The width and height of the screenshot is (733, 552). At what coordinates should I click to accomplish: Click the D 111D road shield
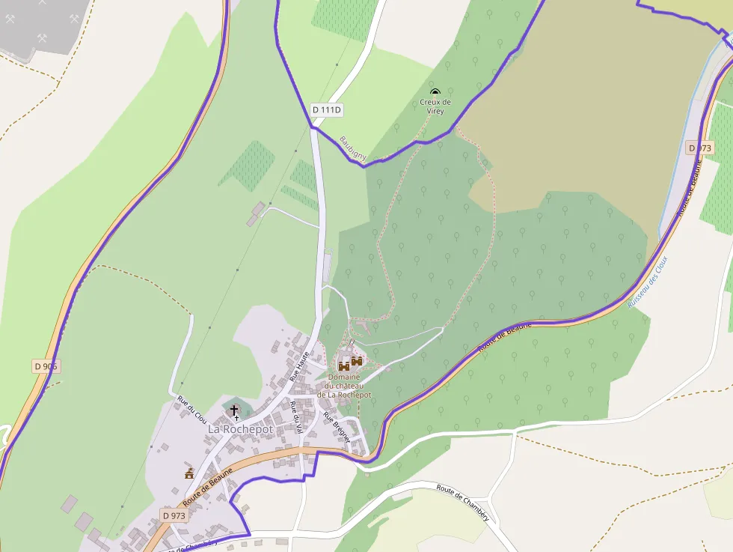tap(327, 110)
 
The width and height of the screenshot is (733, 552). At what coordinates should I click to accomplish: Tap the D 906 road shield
tap(46, 366)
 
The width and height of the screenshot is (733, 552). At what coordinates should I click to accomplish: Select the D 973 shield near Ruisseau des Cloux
tap(699, 148)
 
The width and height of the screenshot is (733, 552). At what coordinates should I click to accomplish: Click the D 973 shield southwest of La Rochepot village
tap(173, 515)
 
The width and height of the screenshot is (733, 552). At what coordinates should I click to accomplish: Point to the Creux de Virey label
tap(435, 106)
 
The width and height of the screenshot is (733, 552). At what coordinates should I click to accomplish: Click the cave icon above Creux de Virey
tap(435, 92)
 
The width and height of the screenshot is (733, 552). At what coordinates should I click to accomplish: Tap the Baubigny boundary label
tap(353, 148)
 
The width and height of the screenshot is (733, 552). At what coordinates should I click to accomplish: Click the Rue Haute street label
tap(299, 366)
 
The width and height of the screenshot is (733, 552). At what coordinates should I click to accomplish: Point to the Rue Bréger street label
tap(337, 428)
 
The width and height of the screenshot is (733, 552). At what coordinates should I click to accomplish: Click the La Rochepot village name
tap(241, 429)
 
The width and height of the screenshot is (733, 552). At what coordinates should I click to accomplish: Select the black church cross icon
tap(234, 410)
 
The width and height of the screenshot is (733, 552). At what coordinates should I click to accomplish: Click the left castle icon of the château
tap(344, 366)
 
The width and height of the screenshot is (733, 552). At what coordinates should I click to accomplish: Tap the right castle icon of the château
tap(357, 361)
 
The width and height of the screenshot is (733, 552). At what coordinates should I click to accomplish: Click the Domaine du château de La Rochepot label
tap(344, 386)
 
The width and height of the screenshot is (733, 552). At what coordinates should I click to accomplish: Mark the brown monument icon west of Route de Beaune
tap(189, 473)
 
